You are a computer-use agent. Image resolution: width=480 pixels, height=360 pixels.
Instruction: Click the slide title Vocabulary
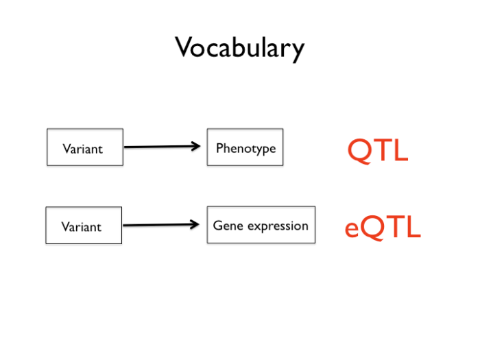[x=239, y=48]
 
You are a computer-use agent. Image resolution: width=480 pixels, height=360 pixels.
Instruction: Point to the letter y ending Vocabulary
[x=296, y=51]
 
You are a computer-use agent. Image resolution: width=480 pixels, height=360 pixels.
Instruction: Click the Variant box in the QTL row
[x=85, y=147]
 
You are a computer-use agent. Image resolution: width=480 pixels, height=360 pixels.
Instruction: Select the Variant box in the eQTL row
[x=84, y=226]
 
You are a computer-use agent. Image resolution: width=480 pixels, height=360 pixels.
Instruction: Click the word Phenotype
[x=245, y=148]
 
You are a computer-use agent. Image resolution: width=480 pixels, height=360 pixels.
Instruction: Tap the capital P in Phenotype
[x=219, y=147]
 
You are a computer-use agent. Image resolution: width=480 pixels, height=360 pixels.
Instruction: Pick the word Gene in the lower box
[x=226, y=225]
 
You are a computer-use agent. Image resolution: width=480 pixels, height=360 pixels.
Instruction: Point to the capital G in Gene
[x=217, y=225]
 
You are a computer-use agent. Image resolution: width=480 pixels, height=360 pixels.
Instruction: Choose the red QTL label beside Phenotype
[x=378, y=150]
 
